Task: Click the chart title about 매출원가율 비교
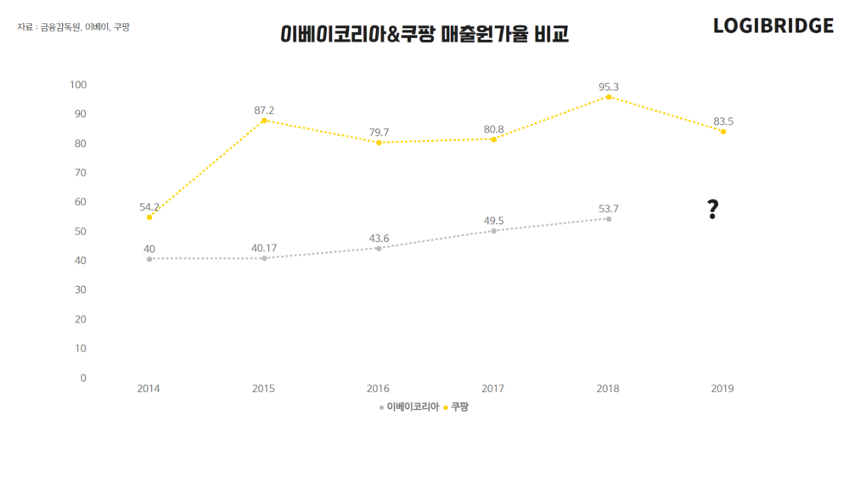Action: click(424, 35)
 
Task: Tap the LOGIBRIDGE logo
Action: click(773, 26)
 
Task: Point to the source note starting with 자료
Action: click(73, 27)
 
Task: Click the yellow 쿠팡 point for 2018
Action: click(608, 97)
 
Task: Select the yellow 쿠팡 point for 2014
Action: click(149, 217)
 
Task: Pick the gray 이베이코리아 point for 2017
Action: click(493, 231)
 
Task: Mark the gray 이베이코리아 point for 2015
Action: click(264, 258)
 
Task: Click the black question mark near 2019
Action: click(712, 210)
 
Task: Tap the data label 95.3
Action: click(608, 87)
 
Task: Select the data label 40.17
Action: click(264, 249)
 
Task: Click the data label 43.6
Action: click(379, 238)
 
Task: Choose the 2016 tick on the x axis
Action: click(379, 389)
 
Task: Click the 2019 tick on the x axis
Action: click(722, 389)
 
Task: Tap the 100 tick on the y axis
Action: click(78, 85)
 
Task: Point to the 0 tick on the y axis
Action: click(83, 378)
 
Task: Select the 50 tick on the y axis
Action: click(81, 231)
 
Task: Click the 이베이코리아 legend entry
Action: click(409, 407)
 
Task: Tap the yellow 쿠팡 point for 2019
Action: click(722, 132)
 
